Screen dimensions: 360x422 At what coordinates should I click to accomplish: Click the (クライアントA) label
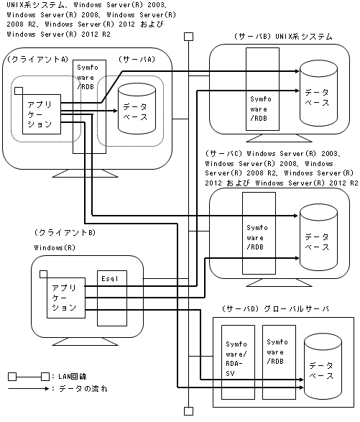click(x=37, y=59)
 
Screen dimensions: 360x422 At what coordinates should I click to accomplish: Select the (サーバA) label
click(x=137, y=59)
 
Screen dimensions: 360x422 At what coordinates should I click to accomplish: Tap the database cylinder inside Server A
click(x=137, y=109)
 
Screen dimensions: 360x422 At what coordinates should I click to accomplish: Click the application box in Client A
click(x=42, y=114)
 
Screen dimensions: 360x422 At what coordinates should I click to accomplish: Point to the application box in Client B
click(x=66, y=298)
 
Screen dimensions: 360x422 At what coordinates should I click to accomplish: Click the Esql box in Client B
click(x=112, y=298)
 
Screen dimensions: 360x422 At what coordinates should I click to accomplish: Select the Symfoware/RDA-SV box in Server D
click(x=238, y=362)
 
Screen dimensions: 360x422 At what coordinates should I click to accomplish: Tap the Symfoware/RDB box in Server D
click(x=279, y=362)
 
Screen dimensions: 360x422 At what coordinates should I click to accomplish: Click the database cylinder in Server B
click(x=318, y=93)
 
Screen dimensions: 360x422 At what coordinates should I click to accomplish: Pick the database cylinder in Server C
click(x=318, y=237)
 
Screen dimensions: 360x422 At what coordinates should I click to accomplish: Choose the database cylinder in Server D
click(x=323, y=367)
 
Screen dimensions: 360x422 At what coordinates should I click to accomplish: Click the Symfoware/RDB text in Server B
click(x=261, y=109)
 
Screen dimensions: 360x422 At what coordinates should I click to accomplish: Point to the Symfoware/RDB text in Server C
click(x=257, y=237)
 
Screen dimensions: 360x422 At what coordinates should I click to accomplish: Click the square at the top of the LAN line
click(x=188, y=37)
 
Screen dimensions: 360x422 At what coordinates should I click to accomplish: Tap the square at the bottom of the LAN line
click(x=188, y=411)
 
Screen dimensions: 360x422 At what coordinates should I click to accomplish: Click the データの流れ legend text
click(x=83, y=389)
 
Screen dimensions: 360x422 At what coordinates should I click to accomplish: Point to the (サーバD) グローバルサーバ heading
click(x=275, y=308)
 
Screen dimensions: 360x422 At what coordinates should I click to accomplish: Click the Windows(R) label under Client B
click(x=55, y=247)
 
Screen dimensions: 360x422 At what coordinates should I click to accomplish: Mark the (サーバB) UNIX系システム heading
click(x=283, y=37)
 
